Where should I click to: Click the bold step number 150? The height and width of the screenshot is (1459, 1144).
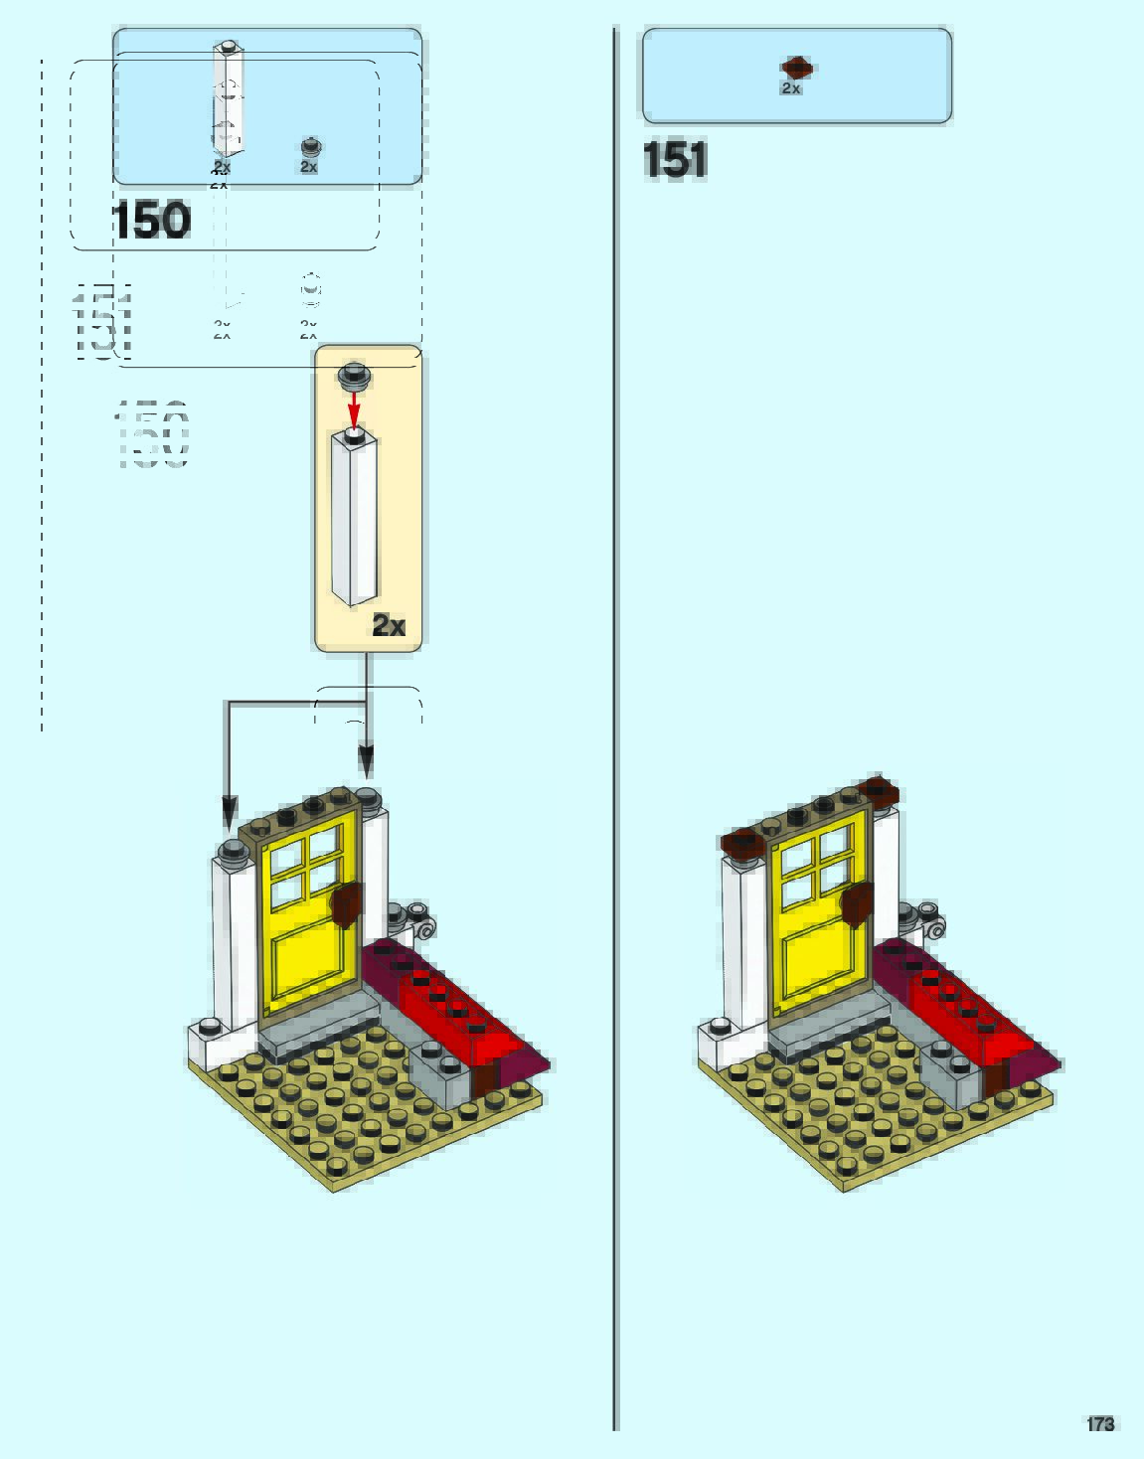[151, 221]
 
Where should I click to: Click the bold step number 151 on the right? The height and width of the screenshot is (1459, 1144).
[675, 159]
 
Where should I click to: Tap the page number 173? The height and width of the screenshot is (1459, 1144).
[1100, 1424]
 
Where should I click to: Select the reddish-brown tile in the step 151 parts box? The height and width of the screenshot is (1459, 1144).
[797, 68]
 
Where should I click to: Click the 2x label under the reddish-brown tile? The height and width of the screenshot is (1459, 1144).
[790, 88]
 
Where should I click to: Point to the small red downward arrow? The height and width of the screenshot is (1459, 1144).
[353, 407]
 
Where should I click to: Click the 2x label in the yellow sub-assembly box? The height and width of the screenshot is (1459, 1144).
[389, 625]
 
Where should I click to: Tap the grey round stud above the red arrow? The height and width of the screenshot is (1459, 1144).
[353, 375]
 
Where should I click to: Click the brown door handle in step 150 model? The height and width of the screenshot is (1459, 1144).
[346, 904]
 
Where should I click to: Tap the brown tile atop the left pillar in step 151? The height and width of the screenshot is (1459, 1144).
[742, 844]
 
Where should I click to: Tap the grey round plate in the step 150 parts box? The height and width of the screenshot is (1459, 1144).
[311, 148]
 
